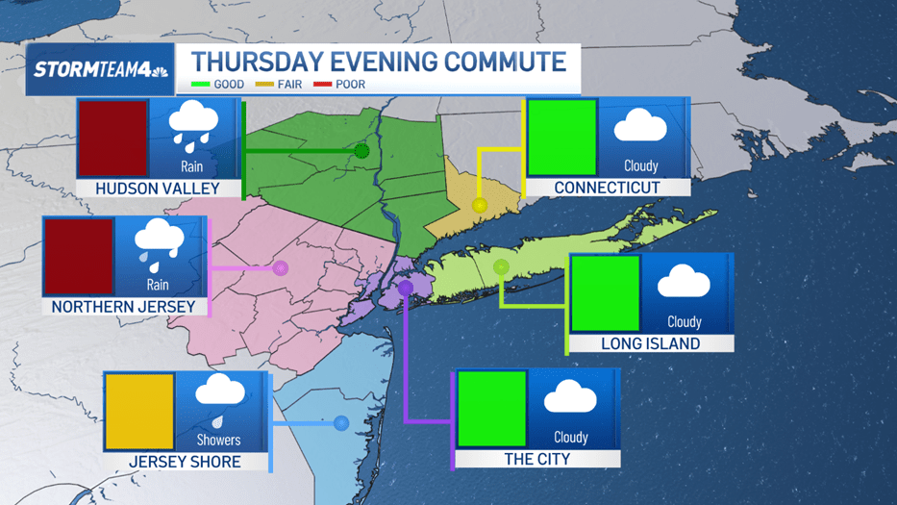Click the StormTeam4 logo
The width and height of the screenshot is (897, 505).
tap(100, 69)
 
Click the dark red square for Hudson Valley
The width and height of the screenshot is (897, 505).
tap(112, 139)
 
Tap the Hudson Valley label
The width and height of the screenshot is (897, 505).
tap(158, 189)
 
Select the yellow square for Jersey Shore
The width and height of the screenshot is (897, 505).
tap(139, 412)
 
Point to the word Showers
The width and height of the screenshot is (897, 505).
tap(219, 440)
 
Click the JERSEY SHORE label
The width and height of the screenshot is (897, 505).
tap(186, 462)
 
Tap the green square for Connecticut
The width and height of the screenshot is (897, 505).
tap(562, 138)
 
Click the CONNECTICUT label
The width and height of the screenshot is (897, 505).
tap(607, 188)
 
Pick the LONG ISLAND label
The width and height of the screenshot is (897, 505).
tap(651, 343)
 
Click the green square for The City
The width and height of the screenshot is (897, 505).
tap(491, 409)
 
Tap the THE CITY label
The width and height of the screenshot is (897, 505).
tap(536, 459)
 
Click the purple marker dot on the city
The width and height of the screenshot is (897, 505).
tap(406, 288)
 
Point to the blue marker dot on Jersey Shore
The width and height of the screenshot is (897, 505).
tap(340, 422)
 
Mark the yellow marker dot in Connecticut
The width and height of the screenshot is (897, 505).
tap(480, 205)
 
